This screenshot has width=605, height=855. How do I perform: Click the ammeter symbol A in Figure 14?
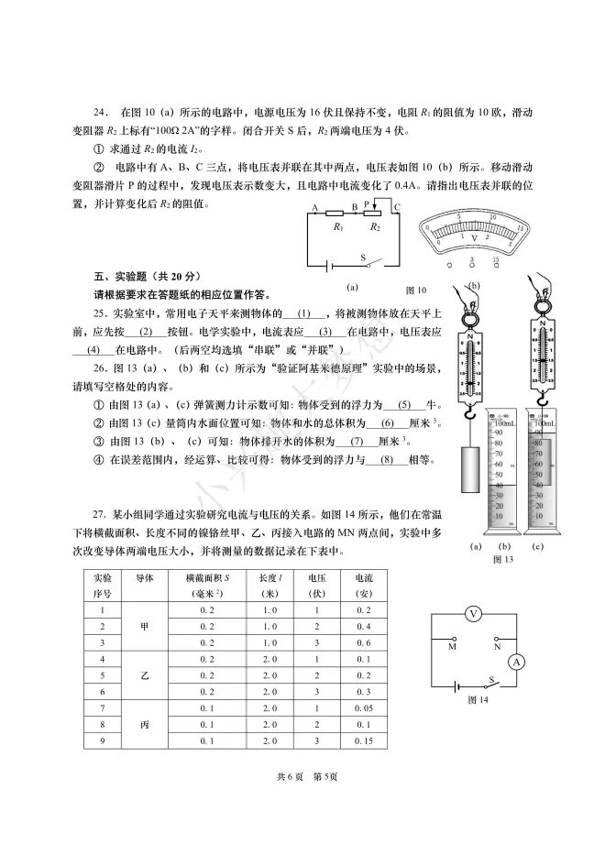[516, 661]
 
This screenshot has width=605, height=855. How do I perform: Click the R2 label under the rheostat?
[374, 225]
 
